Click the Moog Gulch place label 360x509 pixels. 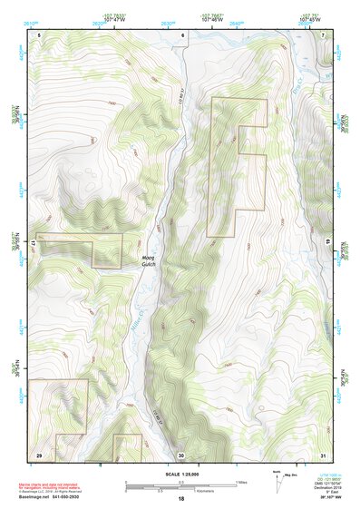149,259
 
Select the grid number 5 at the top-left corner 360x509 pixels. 39,34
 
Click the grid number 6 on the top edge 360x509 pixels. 182,34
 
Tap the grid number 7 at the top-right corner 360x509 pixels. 325,34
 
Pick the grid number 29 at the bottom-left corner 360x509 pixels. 39,454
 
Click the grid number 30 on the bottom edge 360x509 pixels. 181,454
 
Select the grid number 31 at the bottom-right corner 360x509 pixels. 323,454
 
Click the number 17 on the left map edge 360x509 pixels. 34,244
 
